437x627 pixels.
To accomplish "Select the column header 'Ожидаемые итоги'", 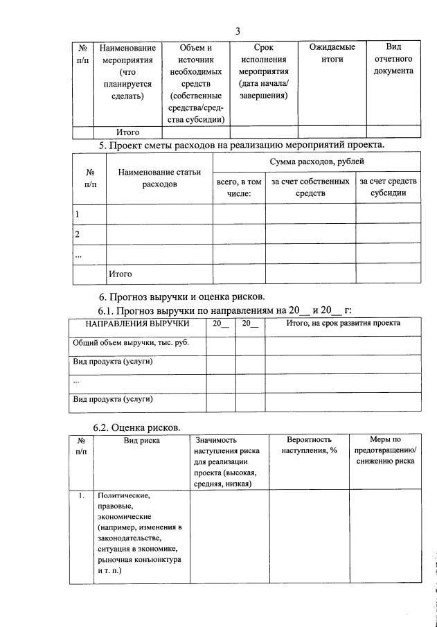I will [328, 53].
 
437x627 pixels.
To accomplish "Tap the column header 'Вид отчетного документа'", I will [393, 59].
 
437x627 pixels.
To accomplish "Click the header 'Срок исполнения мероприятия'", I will [264, 71].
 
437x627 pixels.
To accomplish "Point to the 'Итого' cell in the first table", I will [127, 132].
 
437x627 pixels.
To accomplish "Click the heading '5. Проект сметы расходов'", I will [241, 145].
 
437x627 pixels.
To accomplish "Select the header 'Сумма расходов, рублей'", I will [316, 161].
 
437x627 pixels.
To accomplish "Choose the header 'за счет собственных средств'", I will [310, 187].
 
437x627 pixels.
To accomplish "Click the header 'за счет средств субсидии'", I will [388, 187].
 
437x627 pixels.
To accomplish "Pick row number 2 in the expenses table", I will [78, 234].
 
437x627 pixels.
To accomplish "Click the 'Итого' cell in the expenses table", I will [120, 274].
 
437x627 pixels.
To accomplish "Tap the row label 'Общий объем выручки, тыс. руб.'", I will [131, 342].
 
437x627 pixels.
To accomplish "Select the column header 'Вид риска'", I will [141, 439].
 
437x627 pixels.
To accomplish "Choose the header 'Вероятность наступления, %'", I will [309, 445].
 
